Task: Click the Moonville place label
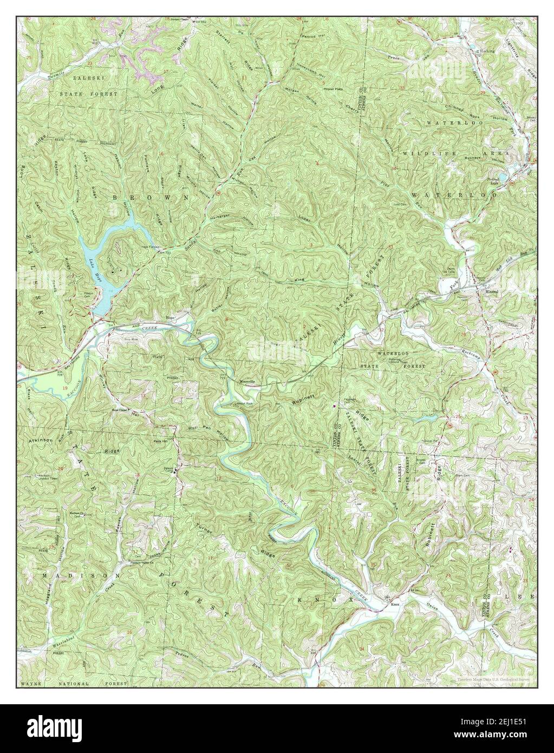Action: (247, 381)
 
